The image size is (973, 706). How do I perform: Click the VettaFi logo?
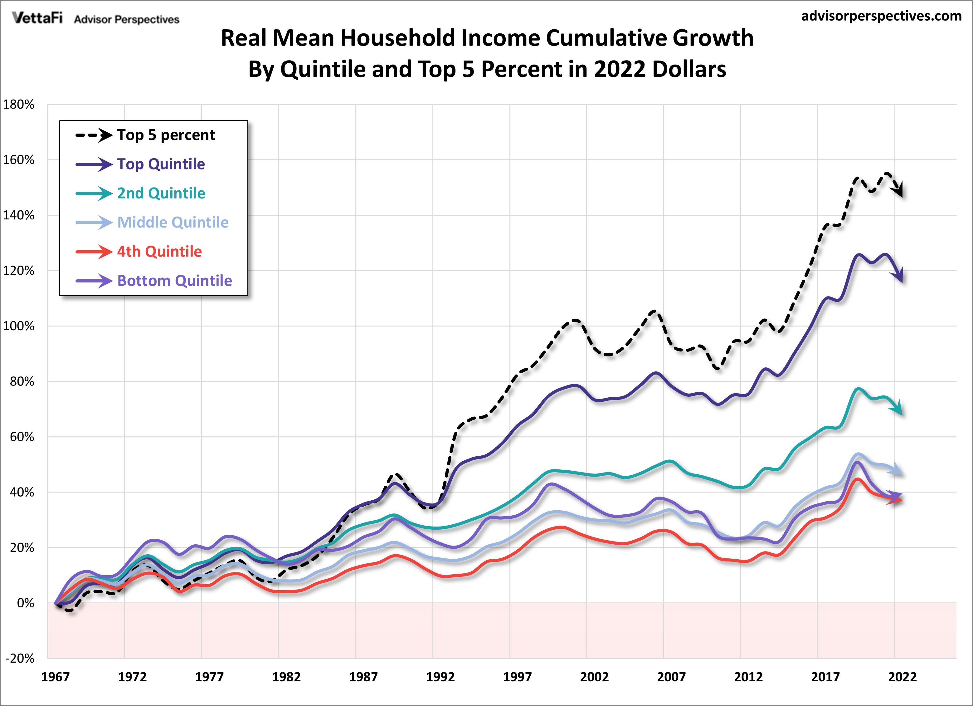pos(37,18)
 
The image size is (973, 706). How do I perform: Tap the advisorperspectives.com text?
pos(881,16)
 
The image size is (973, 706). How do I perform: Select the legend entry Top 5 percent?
pos(166,135)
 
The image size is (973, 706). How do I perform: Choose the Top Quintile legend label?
pos(161,164)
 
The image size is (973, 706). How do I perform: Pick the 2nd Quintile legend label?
pos(161,193)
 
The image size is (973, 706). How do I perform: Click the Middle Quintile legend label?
pos(173,222)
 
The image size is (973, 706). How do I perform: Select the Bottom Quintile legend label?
pos(175,281)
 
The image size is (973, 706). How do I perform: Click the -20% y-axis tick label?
pos(20,658)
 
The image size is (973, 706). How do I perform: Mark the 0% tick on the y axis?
pos(26,603)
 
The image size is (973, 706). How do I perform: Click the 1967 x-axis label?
pos(55,677)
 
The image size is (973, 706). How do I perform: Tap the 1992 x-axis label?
pos(440,677)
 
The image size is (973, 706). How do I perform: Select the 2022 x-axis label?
pos(902,677)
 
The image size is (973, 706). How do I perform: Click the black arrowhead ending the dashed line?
pos(899,191)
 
